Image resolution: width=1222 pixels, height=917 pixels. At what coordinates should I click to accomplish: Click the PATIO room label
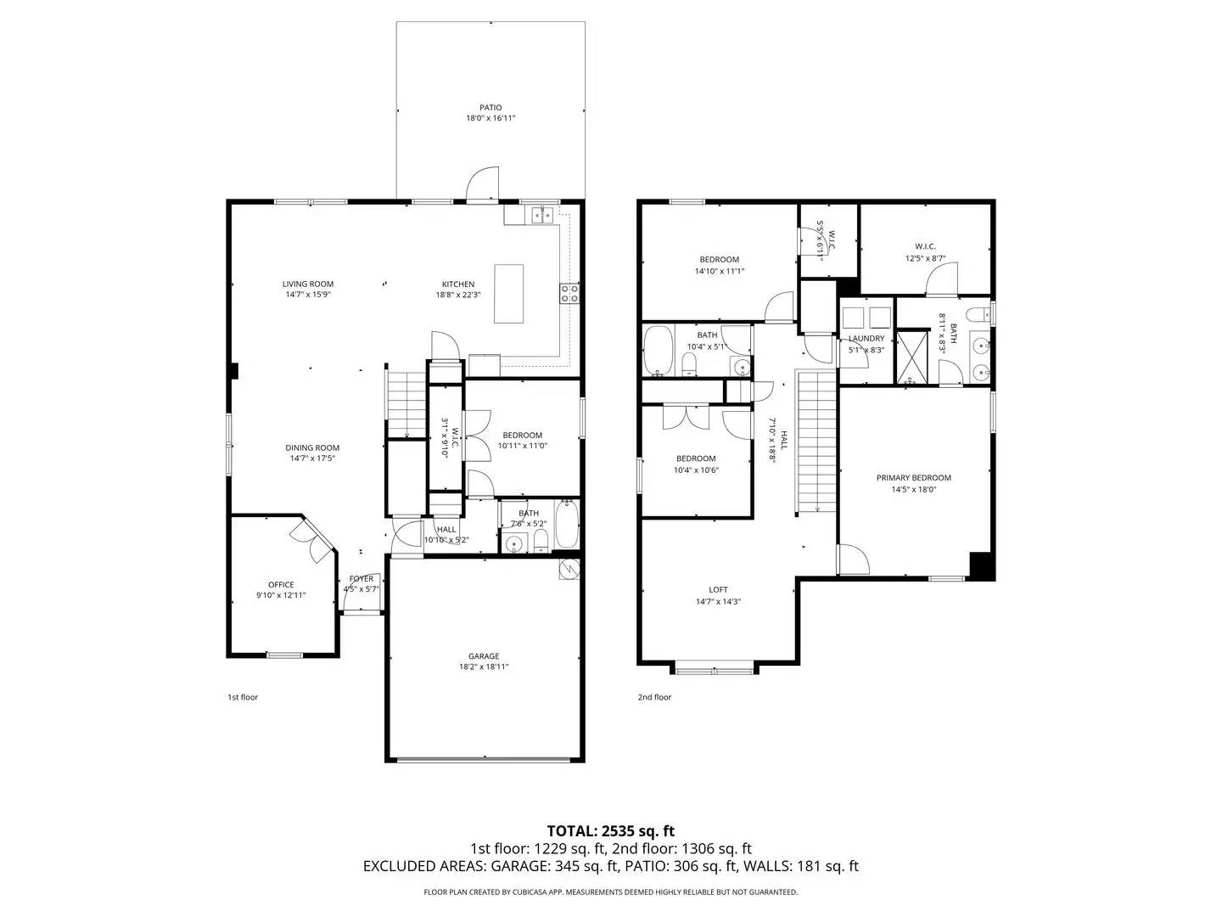tap(490, 108)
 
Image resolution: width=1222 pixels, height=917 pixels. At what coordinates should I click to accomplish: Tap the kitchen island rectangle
tap(509, 294)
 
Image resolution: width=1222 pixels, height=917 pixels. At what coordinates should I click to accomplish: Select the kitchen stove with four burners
tap(569, 294)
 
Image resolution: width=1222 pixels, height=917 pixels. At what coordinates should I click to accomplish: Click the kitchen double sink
tap(542, 215)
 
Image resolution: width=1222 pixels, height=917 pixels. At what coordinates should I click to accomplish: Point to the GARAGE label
tap(484, 655)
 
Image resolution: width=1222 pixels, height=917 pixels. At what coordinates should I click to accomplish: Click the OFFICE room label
tap(281, 584)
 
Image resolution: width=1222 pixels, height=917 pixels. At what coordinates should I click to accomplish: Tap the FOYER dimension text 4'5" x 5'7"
tap(361, 589)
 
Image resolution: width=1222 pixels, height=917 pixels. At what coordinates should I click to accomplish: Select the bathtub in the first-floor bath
tap(567, 525)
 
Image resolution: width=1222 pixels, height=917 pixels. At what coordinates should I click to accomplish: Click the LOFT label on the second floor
tap(718, 589)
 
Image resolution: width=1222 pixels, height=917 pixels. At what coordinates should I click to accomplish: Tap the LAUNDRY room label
tap(866, 338)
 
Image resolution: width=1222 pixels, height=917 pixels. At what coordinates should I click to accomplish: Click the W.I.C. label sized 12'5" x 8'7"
tap(925, 246)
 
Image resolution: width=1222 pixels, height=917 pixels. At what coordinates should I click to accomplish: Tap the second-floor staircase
tap(816, 442)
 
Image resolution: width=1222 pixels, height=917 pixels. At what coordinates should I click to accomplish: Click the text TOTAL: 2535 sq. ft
tap(610, 830)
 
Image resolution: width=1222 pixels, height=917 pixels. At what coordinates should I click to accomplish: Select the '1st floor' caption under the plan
tap(243, 697)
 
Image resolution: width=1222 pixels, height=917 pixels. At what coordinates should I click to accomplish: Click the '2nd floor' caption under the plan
tap(654, 697)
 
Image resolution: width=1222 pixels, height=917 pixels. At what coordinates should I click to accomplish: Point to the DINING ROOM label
tap(312, 447)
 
